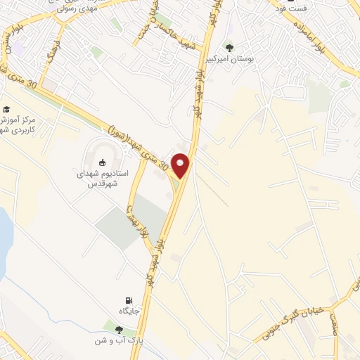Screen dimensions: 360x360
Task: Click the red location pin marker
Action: tap(181, 165)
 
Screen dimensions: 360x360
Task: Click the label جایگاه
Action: tap(128, 311)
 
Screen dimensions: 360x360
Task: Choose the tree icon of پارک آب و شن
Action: tap(117, 329)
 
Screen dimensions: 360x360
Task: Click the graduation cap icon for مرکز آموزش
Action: tap(6, 109)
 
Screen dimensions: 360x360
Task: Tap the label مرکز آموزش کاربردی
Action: tap(22, 125)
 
